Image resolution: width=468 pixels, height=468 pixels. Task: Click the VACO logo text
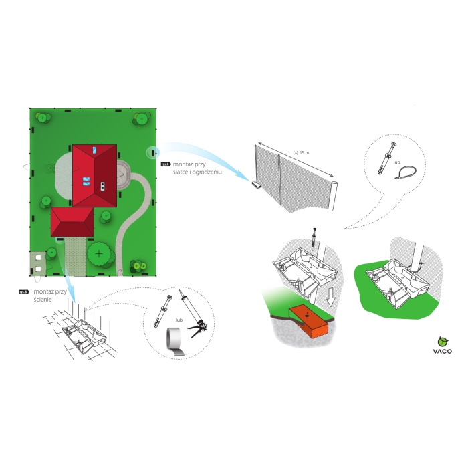click(x=441, y=350)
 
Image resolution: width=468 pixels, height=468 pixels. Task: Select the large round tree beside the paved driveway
click(x=100, y=253)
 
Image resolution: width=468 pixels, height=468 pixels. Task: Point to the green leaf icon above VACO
click(x=441, y=338)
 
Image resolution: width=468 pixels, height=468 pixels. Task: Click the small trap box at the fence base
click(x=257, y=183)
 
